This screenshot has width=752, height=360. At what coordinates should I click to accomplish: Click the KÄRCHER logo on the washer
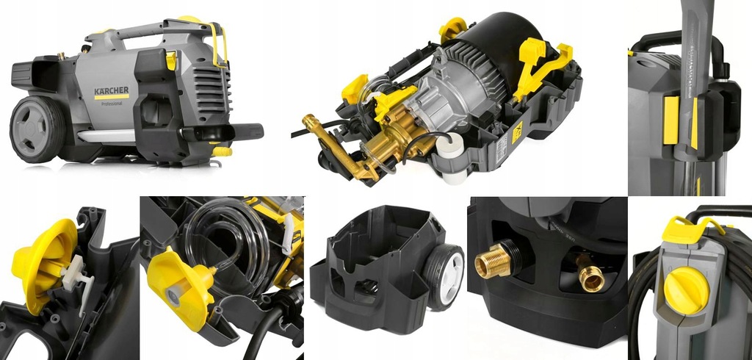(111, 91)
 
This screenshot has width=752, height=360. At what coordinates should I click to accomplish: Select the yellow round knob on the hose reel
(688, 287)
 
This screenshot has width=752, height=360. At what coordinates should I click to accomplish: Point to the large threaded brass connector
(493, 259)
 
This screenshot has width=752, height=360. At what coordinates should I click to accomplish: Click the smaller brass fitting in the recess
(588, 273)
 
